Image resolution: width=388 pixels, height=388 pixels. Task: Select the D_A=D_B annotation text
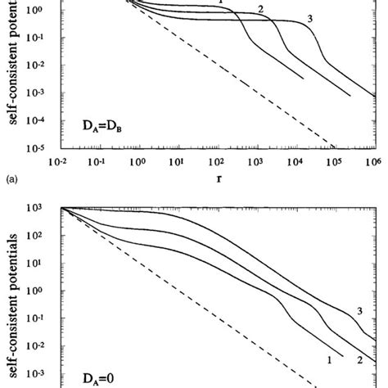click(97, 128)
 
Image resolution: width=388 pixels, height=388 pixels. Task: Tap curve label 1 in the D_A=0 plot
click(328, 359)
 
